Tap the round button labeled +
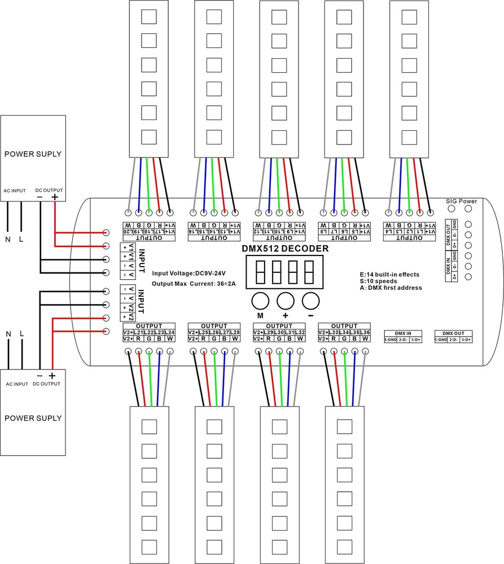[x=286, y=299]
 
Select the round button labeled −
[x=310, y=299]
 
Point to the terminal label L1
[x=420, y=232]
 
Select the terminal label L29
[x=270, y=332]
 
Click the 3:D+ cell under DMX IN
[x=417, y=340]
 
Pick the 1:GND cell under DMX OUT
[x=441, y=340]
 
